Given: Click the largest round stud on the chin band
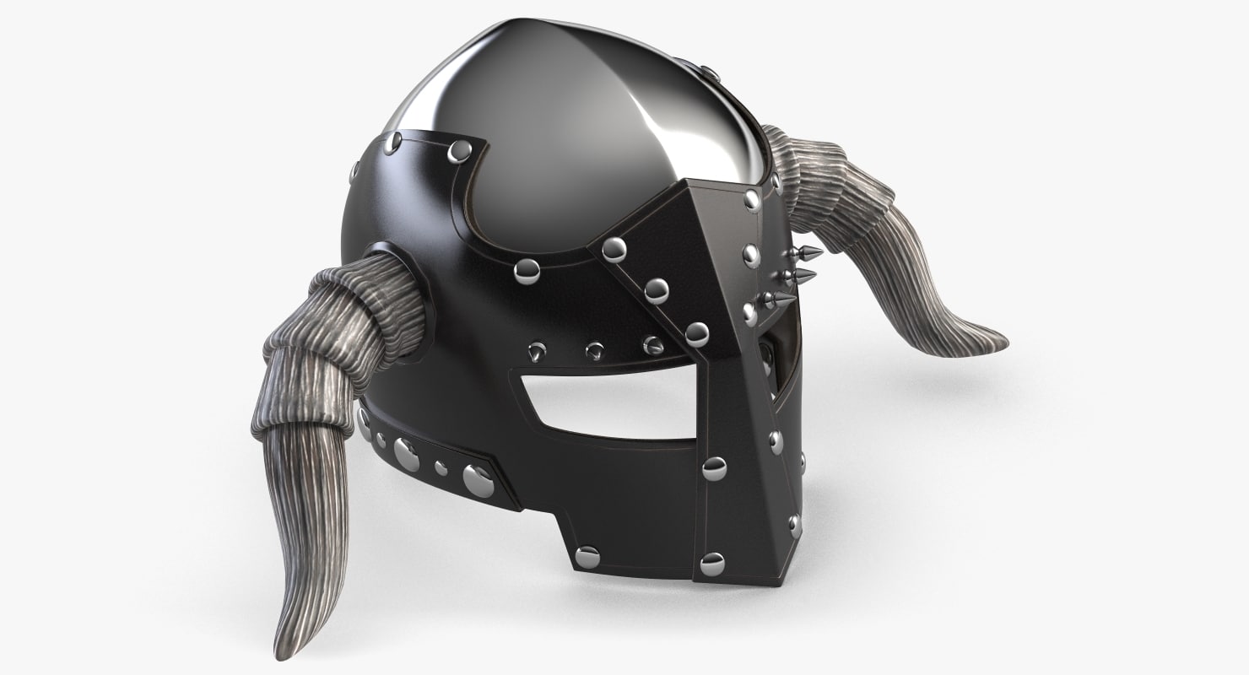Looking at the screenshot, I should [x=479, y=479].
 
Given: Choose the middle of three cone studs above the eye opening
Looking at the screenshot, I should [x=596, y=348].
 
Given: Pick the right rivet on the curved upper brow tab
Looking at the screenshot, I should [x=459, y=152].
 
